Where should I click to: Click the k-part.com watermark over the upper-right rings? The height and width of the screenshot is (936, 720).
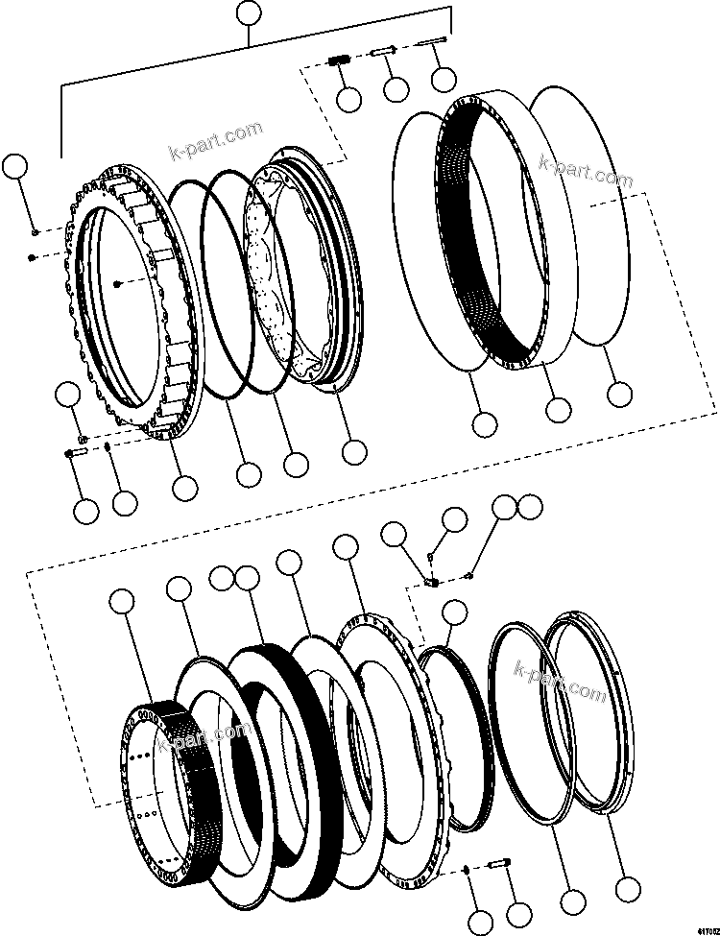[586, 173]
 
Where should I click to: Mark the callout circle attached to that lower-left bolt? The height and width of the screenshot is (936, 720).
[86, 511]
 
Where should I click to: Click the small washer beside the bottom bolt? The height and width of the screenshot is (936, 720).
[465, 870]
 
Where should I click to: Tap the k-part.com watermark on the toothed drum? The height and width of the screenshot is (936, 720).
[216, 735]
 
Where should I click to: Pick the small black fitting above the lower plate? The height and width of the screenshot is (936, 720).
[432, 582]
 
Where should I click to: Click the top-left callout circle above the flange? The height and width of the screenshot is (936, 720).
[13, 166]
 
